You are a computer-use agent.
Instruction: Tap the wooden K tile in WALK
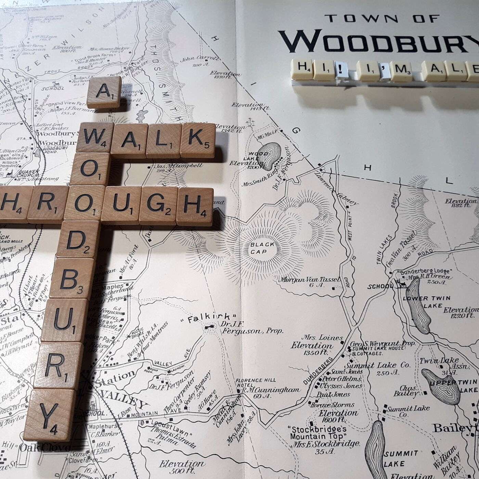[x=198, y=140]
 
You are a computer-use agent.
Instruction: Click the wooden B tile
[x=69, y=280]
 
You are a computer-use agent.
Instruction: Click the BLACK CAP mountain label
[x=262, y=248]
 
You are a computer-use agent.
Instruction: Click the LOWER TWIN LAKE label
[x=426, y=302]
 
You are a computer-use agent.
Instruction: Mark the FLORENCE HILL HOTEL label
[x=254, y=383]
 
